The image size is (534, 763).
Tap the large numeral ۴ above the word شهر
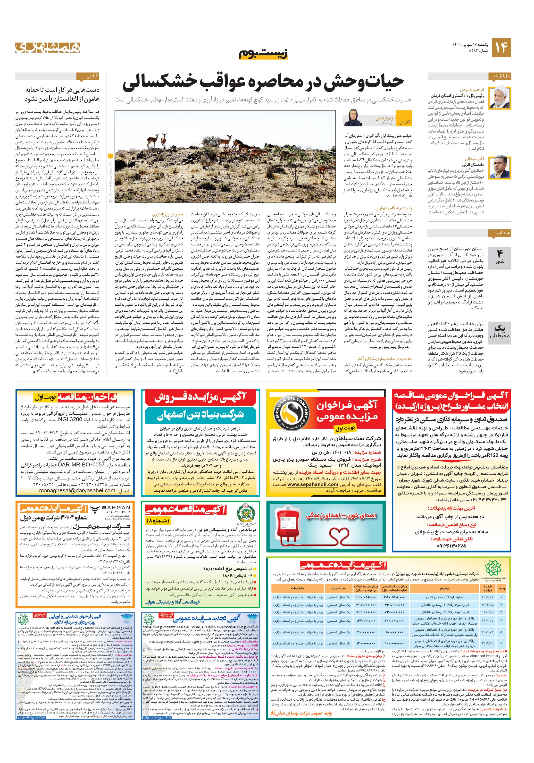(x=500, y=253)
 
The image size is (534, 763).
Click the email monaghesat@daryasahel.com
(x=77, y=490)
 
